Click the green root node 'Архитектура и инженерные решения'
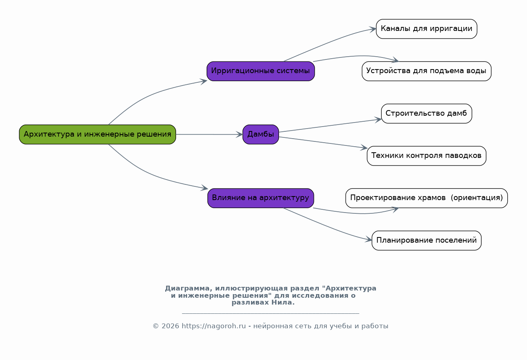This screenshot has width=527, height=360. pyautogui.click(x=97, y=134)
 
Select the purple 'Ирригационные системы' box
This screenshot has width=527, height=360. pyautogui.click(x=260, y=71)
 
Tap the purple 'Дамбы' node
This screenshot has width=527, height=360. pyautogui.click(x=260, y=134)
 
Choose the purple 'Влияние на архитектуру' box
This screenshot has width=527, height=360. pyautogui.click(x=260, y=198)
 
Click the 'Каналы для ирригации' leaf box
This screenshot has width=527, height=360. pyautogui.click(x=427, y=29)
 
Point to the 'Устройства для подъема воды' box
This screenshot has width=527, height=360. pyautogui.click(x=427, y=71)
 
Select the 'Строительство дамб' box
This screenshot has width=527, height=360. pyautogui.click(x=427, y=113)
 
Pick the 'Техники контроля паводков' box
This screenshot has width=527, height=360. pyautogui.click(x=427, y=155)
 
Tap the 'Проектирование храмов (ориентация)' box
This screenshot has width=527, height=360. pyautogui.click(x=427, y=198)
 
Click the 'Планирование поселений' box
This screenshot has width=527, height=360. pyautogui.click(x=427, y=240)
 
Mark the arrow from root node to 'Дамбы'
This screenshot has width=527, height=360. pyautogui.click(x=209, y=134)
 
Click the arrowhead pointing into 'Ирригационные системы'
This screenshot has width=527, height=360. pyautogui.click(x=204, y=81)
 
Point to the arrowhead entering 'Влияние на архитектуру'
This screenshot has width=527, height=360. pyautogui.click(x=204, y=188)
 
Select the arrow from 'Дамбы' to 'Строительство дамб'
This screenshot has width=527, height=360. pyautogui.click(x=330, y=126)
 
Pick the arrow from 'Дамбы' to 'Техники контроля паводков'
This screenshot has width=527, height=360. pyautogui.click(x=323, y=143)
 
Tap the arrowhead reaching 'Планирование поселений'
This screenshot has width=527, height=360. pyautogui.click(x=368, y=239)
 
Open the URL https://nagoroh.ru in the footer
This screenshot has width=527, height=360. pyautogui.click(x=213, y=326)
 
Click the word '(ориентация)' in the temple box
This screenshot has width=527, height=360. pyautogui.click(x=477, y=198)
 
